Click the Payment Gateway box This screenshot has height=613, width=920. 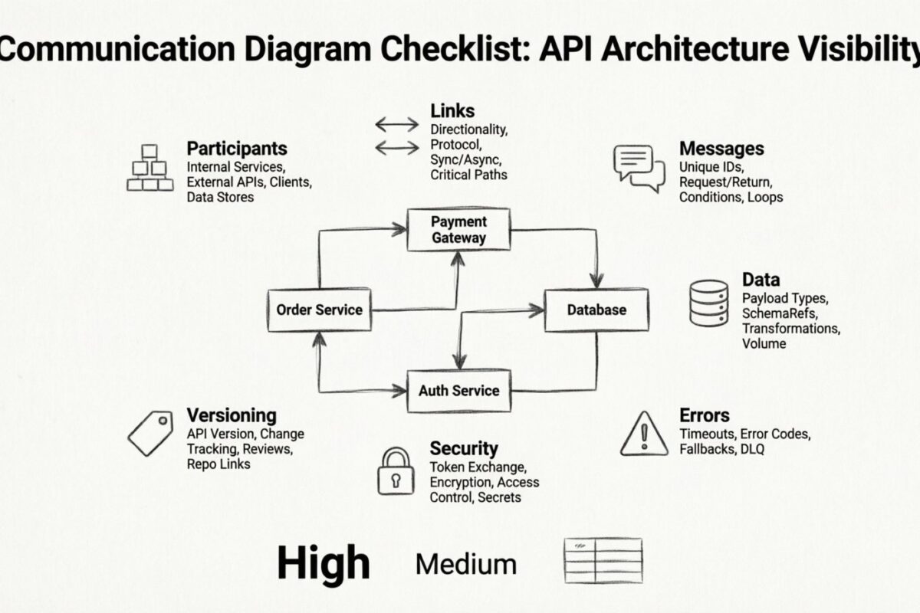point(458,230)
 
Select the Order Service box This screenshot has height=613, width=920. point(319,310)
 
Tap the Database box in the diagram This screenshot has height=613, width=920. point(596,310)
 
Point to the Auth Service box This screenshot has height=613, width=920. point(458,391)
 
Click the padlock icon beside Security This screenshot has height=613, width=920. point(396,471)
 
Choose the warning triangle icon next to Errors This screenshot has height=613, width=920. point(644,433)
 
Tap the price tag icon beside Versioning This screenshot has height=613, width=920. point(150,433)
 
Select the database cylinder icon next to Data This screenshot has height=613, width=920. point(708,303)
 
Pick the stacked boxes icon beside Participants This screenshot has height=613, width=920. point(148,168)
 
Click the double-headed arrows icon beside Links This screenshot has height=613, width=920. point(396,135)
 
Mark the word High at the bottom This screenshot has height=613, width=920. point(324,563)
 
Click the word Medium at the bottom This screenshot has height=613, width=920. point(466,565)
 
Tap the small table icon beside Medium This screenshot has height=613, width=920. point(603,560)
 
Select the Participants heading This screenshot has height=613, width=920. point(237,148)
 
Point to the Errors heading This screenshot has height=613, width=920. point(705,415)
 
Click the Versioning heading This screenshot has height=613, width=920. point(232,415)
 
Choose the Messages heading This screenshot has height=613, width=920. point(721,148)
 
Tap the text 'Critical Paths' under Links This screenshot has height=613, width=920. point(468,175)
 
